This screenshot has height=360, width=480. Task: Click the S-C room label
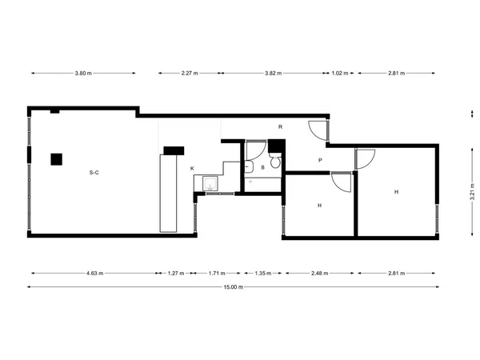[94, 173]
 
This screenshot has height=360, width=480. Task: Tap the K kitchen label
[192, 168]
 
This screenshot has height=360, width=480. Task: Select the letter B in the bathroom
[262, 167]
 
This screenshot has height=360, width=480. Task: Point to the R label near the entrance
[281, 126]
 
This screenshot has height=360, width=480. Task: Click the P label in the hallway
[320, 160]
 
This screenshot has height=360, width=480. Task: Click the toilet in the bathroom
[275, 160]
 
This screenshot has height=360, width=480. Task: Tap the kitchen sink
[210, 184]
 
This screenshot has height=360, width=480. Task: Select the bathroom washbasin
[249, 167]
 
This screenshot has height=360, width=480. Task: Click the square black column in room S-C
[57, 159]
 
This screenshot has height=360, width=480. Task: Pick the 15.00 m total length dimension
[234, 287]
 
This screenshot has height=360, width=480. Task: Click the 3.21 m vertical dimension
[472, 192]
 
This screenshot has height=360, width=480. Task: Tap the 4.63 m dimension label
[94, 273]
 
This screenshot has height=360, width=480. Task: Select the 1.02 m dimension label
[340, 73]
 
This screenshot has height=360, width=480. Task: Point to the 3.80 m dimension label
[83, 73]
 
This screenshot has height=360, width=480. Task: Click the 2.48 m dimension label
[319, 273]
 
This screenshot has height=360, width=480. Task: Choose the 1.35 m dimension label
[263, 273]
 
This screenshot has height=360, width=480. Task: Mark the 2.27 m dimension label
[190, 73]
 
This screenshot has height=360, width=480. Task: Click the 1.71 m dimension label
[217, 273]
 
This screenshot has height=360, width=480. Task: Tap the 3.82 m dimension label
[274, 73]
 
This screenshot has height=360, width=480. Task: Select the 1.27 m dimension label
[176, 273]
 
